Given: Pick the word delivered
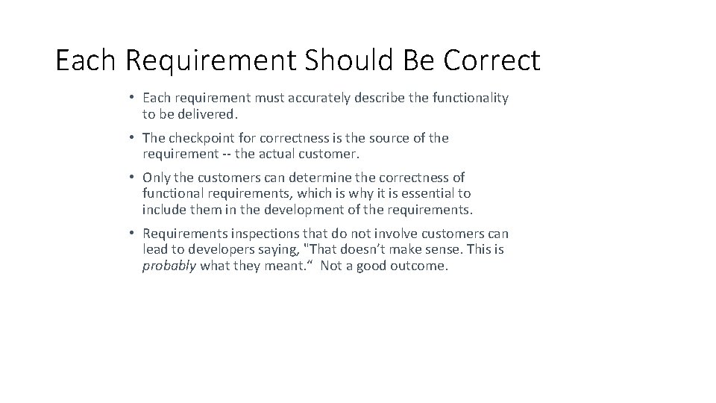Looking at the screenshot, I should point(209,115).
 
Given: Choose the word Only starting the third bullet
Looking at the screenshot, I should point(157,178).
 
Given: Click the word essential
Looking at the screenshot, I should point(433,194).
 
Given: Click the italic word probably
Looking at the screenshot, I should point(169,266).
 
